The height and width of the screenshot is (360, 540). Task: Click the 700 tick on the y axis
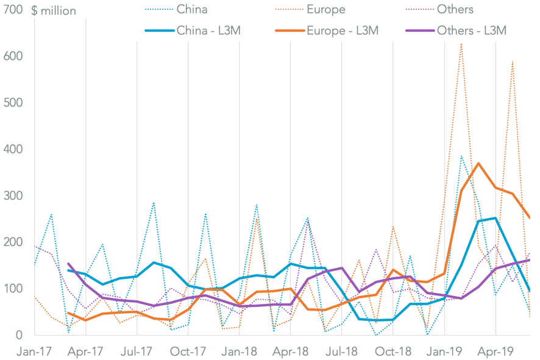coord(13,10)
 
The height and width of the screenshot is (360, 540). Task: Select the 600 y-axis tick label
coord(13,56)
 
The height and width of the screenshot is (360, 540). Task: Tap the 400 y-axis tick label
coord(13,149)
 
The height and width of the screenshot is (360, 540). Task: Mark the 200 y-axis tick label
coord(13,242)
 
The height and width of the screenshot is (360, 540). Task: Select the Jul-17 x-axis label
coord(137,351)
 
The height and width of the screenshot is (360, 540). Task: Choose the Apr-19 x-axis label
coord(496,351)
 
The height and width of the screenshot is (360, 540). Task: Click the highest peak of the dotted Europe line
coord(461,43)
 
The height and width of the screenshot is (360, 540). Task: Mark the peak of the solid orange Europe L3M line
coord(478,163)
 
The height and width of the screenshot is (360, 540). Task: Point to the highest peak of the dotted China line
coord(461,156)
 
